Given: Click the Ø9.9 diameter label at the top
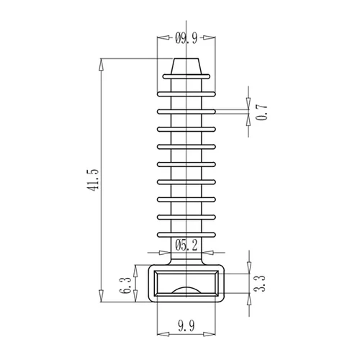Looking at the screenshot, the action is point(186,38).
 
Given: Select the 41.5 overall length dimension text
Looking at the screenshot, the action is point(93,180).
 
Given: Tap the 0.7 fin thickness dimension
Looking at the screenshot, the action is point(261,112).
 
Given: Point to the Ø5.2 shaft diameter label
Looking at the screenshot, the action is point(186,246).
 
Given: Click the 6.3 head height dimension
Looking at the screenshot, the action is point(125,285).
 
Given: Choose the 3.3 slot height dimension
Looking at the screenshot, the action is point(259,284).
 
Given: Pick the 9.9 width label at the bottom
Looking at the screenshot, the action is point(186,325).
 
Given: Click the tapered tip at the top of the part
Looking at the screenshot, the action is point(186,66).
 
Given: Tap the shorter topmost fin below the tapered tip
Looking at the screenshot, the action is point(186,76).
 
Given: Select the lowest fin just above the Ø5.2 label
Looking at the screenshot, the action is point(186,235).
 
